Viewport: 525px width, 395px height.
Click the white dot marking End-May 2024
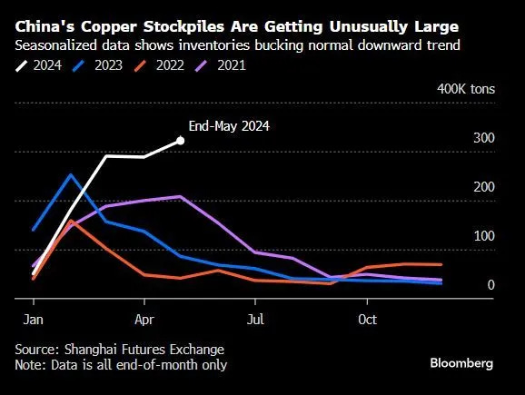tap(181, 140)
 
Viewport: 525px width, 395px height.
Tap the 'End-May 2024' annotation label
tap(231, 126)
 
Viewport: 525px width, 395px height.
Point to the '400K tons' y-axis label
tap(466, 89)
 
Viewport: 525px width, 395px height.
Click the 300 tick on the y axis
tap(484, 138)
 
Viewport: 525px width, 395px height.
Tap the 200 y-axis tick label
tap(484, 187)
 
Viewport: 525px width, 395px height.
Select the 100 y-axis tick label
tap(484, 236)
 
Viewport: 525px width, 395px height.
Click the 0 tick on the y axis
tap(491, 285)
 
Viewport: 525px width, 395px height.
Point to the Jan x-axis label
tap(33, 320)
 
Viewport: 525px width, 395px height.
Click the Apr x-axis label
tap(144, 320)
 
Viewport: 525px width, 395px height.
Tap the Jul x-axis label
tap(256, 320)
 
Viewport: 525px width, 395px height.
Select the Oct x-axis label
tap(368, 320)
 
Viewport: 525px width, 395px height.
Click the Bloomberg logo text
tap(461, 362)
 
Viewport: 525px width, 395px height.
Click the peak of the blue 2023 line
tap(72, 174)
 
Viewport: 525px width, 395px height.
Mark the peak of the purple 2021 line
tap(181, 196)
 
